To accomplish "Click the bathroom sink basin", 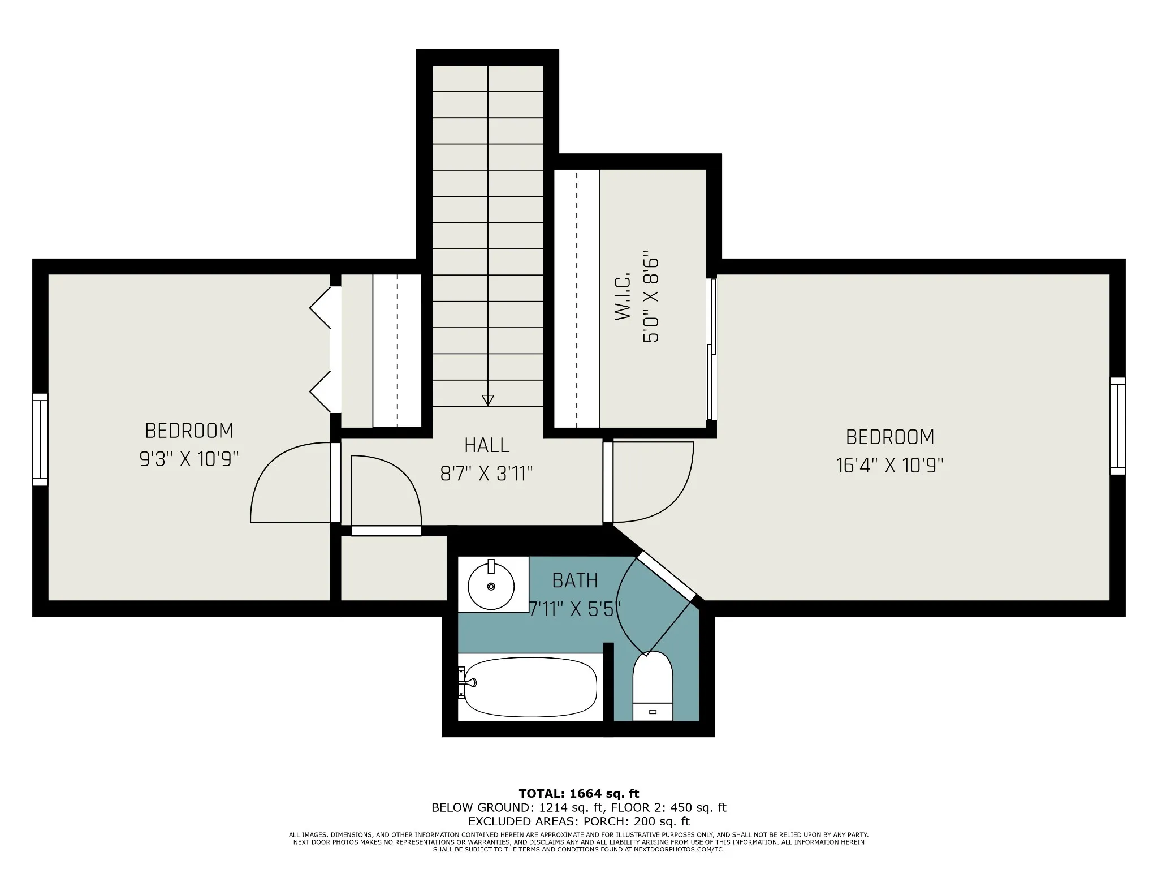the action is pos(491,586).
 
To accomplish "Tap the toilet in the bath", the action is pos(653,686).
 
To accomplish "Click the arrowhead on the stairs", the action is pos(487,400).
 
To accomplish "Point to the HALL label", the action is pos(487,445).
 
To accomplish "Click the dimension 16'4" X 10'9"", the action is pos(890,466).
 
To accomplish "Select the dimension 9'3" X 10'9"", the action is pos(189,459).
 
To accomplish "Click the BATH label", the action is pos(575,580).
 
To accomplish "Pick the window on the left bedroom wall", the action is pos(40,440).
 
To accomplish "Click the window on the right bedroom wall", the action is pos(1117,426).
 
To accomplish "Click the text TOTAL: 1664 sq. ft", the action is pos(579,794).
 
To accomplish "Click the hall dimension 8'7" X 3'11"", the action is pos(487,474).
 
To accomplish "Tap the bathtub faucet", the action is pos(467,682).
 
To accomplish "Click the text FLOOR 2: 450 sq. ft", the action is pos(668,808).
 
